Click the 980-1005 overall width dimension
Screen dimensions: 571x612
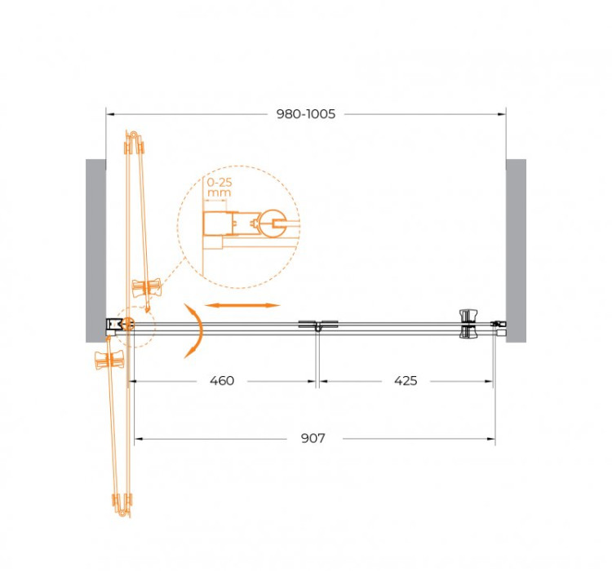tap(306, 114)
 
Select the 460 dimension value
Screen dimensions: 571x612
tap(221, 381)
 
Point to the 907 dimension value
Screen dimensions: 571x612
tap(313, 439)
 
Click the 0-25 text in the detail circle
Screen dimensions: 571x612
tap(219, 184)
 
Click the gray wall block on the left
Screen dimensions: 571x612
tap(95, 249)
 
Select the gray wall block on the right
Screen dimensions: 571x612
tap(516, 249)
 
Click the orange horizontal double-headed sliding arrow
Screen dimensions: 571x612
tap(242, 305)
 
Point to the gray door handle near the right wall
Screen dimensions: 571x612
tap(468, 323)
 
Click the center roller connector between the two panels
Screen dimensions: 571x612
tap(317, 326)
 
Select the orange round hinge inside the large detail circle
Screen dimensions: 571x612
tap(270, 221)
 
